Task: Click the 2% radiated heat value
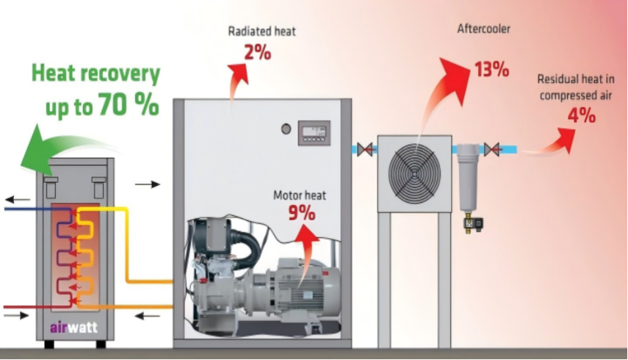(258, 52)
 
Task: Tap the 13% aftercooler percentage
(492, 69)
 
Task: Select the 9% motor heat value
(302, 212)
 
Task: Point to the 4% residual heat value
(582, 115)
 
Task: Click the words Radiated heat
(262, 32)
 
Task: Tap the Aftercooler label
(484, 29)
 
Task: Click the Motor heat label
(300, 195)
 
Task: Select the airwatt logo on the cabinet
(74, 328)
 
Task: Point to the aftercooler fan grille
(414, 171)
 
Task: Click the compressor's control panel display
(314, 132)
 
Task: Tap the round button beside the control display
(286, 129)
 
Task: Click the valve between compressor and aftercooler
(365, 149)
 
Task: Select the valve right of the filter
(492, 149)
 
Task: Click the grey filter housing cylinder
(469, 178)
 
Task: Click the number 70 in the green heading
(113, 104)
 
